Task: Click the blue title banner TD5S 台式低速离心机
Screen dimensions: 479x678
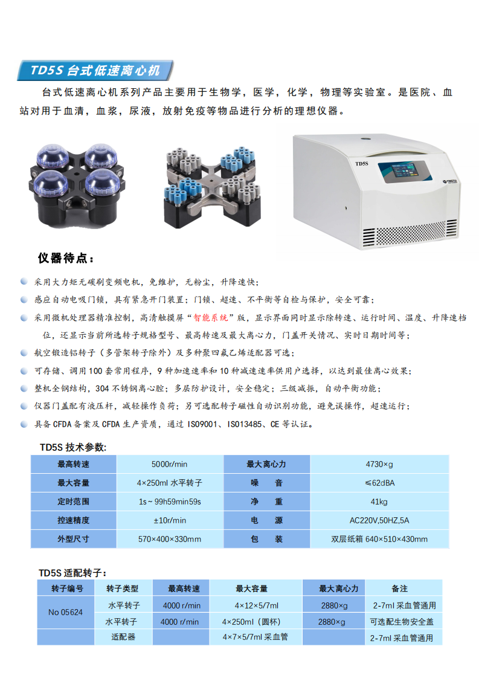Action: click(x=95, y=70)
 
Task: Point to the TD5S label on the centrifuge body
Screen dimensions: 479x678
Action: click(x=361, y=163)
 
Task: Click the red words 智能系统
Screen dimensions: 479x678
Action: click(x=211, y=318)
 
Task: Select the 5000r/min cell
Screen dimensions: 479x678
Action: click(x=170, y=464)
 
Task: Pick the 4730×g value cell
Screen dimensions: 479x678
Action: click(x=379, y=464)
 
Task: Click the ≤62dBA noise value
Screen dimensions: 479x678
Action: click(x=379, y=483)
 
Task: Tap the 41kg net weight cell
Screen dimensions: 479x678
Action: click(x=379, y=502)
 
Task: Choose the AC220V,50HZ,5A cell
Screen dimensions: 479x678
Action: click(x=379, y=520)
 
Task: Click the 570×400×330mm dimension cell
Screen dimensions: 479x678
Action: click(x=170, y=539)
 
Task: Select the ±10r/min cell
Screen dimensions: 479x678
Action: click(x=170, y=520)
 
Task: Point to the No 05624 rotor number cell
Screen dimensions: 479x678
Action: click(x=66, y=612)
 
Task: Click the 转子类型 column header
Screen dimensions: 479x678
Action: click(x=123, y=589)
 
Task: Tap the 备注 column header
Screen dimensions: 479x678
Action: click(x=400, y=589)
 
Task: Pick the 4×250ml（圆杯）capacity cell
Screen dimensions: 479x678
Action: click(x=251, y=622)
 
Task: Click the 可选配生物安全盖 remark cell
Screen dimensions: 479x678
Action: click(x=402, y=622)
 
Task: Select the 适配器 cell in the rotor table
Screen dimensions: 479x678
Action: click(x=123, y=637)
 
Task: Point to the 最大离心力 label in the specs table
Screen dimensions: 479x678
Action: click(x=266, y=464)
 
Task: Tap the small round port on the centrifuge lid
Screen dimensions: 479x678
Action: click(x=365, y=139)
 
